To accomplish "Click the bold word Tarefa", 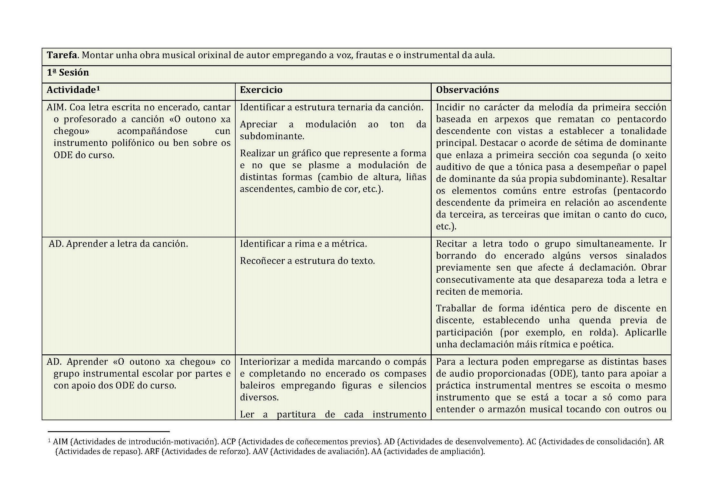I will (x=62, y=55).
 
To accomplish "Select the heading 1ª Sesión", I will (x=68, y=73).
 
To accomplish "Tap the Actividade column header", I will (x=73, y=90).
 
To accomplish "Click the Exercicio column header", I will (x=261, y=90).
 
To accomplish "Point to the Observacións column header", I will (x=467, y=90).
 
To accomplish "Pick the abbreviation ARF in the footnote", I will (x=152, y=452).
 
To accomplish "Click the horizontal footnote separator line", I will (x=109, y=431).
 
